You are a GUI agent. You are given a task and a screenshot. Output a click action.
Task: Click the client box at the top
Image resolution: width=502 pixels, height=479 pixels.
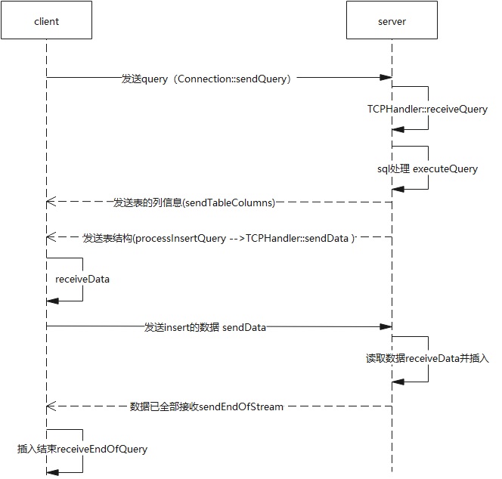46,20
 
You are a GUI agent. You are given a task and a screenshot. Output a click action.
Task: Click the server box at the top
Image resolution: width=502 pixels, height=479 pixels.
392,20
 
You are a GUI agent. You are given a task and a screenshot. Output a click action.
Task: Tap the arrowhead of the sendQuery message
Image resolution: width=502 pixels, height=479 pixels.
386,77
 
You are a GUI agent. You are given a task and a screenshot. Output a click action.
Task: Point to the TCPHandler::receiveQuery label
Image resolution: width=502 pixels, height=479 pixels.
427,109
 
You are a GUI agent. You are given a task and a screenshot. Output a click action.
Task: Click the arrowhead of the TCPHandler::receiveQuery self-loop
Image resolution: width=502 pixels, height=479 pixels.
398,130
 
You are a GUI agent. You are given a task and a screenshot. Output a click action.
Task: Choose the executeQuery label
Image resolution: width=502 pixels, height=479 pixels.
445,168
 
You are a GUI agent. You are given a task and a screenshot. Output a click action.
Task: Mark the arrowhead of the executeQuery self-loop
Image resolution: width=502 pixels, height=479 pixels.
398,190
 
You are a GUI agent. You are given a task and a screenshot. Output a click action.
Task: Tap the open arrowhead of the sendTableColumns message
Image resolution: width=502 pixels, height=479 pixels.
51,202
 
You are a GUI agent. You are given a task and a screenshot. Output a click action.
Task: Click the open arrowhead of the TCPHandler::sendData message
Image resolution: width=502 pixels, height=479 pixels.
51,237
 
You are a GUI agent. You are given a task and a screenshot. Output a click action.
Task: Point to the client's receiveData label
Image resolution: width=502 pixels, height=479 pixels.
82,280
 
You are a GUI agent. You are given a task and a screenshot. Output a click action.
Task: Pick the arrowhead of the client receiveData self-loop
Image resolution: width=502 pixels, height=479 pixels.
52,301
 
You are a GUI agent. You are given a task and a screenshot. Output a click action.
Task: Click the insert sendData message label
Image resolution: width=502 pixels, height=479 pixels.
205,327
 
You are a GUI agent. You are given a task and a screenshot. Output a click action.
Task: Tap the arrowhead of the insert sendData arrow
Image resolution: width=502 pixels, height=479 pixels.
386,326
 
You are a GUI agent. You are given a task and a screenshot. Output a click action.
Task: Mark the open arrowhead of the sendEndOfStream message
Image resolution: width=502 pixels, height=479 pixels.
51,406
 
